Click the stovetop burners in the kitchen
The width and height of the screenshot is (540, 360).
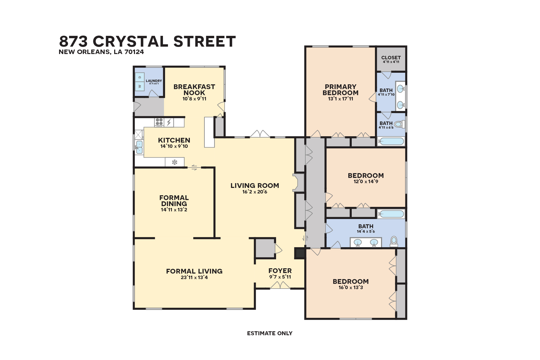pos(159,122)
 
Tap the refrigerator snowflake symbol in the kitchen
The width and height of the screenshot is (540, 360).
pos(175,162)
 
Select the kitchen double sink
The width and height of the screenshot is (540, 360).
pos(139,147)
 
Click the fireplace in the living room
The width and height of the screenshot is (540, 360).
pos(298,182)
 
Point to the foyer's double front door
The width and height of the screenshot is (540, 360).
pos(280,285)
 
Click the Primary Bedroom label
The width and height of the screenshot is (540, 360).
pos(340,90)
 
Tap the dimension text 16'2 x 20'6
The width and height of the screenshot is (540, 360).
pos(255,192)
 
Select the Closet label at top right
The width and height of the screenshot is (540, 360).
pos(391,58)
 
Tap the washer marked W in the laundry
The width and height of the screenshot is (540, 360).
pos(140,86)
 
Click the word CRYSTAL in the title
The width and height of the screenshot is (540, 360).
pos(130,42)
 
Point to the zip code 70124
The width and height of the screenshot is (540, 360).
pos(134,52)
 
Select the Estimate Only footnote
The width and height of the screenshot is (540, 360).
pos(269,333)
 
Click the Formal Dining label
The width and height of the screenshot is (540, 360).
pos(174,201)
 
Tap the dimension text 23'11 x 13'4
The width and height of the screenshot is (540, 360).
pos(194,278)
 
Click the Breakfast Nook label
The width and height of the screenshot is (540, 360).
pos(194,90)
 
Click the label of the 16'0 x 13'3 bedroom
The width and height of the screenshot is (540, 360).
pos(351,281)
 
